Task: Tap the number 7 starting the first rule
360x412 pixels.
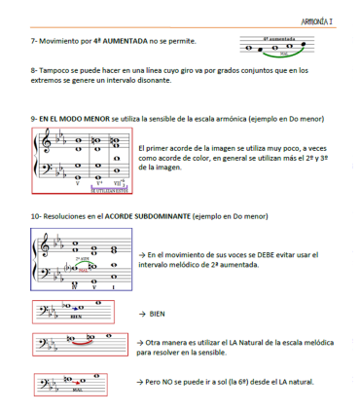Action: click(x=33, y=43)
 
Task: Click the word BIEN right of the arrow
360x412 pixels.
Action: click(x=159, y=315)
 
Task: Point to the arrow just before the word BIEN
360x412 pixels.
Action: click(x=142, y=315)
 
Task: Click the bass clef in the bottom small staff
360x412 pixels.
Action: click(x=42, y=381)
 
